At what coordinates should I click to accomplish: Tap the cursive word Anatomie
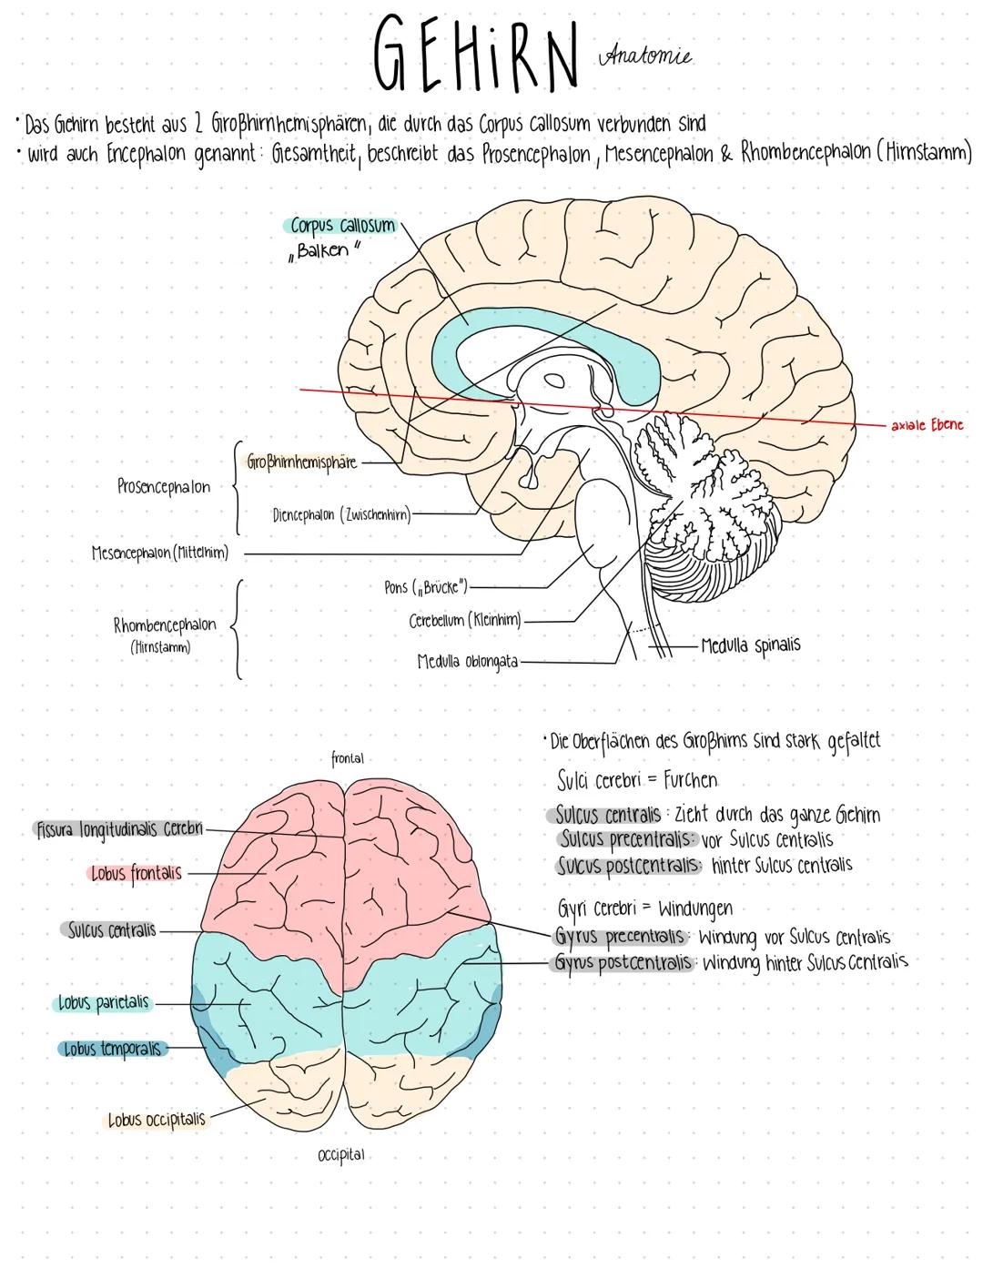point(645,56)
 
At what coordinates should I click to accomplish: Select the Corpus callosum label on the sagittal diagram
point(342,226)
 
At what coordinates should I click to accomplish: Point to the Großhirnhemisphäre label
point(301,462)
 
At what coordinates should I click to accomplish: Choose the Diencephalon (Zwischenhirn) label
point(341,515)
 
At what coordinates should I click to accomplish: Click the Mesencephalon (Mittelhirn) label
point(160,553)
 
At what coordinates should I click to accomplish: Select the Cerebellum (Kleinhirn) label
point(465,621)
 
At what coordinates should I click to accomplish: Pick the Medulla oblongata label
point(467,662)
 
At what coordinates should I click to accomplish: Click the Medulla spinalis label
point(751,645)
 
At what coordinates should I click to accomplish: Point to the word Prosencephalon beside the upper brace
point(164,487)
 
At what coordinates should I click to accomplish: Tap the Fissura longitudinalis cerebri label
point(118,830)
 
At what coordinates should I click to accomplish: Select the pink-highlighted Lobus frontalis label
point(137,874)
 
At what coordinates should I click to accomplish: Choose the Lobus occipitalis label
point(157,1120)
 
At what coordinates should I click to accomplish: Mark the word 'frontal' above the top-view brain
point(347,757)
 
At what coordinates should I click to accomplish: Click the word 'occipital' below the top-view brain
point(341,1154)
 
